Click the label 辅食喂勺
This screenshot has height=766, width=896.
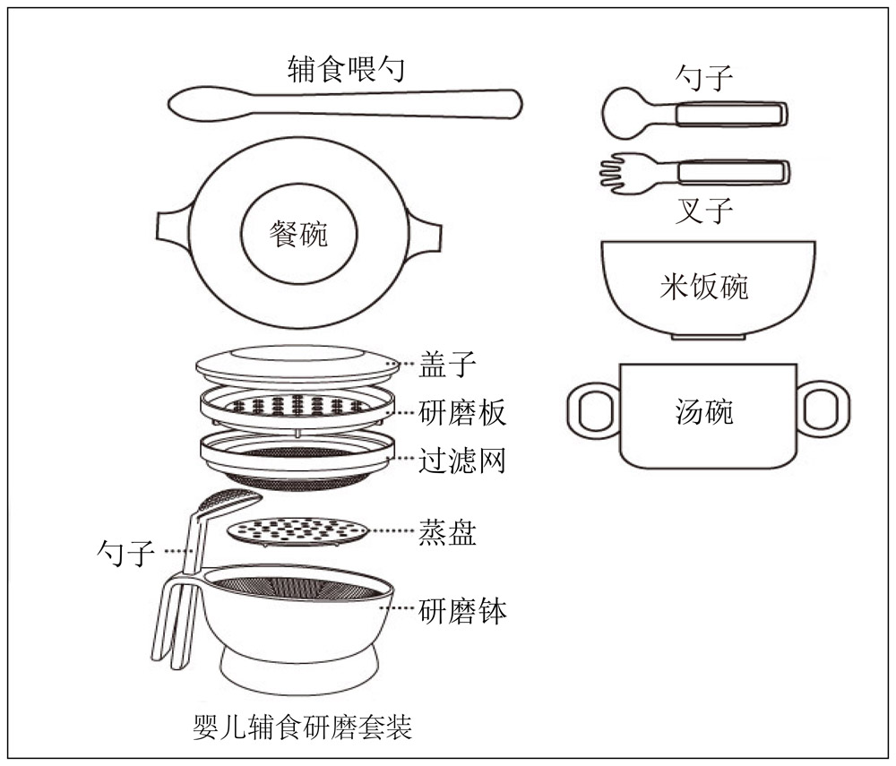(x=345, y=68)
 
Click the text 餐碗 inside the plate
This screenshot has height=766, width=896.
(x=298, y=235)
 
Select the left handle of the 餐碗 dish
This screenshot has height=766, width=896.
(x=170, y=228)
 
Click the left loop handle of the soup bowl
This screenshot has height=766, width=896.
(x=591, y=409)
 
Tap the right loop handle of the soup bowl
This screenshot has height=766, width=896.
(x=822, y=409)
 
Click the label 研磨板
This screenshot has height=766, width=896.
(x=462, y=412)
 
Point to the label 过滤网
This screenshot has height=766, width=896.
(x=462, y=460)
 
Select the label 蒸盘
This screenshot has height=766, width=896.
(x=448, y=533)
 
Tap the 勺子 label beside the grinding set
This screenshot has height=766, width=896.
(x=125, y=550)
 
